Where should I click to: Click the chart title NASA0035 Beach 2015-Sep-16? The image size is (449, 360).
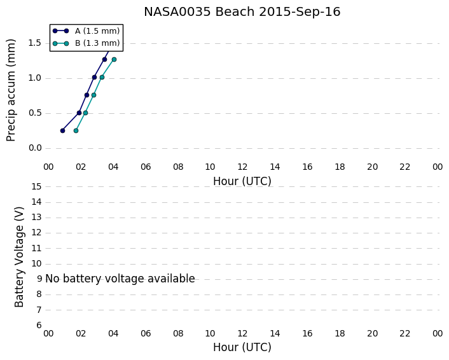242,11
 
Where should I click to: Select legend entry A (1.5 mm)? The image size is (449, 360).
86,31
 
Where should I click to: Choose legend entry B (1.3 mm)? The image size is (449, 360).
86,43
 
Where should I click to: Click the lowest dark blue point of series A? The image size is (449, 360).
63,130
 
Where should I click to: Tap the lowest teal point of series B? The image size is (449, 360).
76,130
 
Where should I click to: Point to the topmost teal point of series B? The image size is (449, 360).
114,60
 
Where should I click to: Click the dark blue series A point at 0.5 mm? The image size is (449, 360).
79,113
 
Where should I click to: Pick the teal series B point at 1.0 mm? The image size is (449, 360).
102,78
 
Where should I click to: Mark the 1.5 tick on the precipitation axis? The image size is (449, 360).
35,43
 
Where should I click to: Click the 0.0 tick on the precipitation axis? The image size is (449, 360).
35,148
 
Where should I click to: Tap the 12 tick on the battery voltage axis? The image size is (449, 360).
37,233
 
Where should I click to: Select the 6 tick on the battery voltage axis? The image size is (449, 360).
39,325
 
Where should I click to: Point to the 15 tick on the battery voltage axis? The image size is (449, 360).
37,187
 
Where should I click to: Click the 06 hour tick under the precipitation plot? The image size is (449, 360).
146,167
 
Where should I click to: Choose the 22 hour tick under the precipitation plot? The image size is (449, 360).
405,167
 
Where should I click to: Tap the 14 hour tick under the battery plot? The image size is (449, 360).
275,334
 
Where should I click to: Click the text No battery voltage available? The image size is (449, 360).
120,279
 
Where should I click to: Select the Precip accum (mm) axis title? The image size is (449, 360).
11,90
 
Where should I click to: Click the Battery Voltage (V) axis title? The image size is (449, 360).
19,257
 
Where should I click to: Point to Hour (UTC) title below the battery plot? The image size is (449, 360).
242,347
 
